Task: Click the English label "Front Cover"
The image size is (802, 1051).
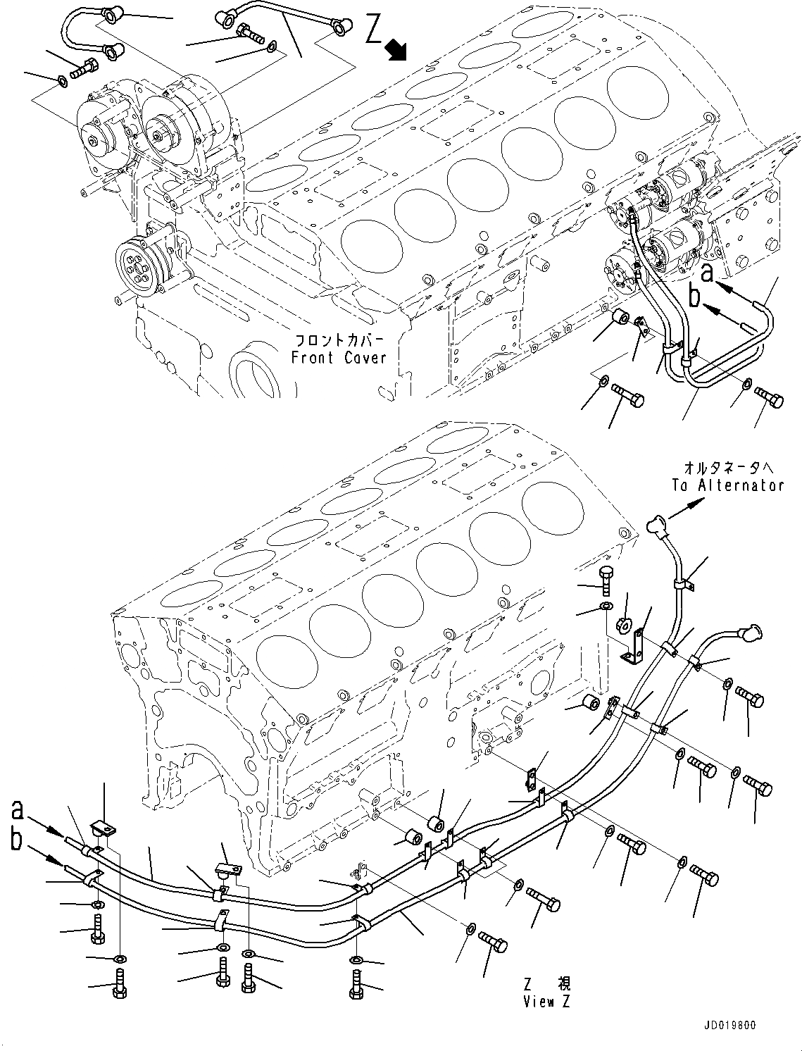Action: (339, 358)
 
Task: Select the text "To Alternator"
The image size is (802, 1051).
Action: (727, 485)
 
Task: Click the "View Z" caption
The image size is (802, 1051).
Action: (548, 1002)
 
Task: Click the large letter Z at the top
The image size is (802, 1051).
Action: (375, 32)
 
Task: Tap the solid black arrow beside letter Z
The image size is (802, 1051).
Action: (399, 49)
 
